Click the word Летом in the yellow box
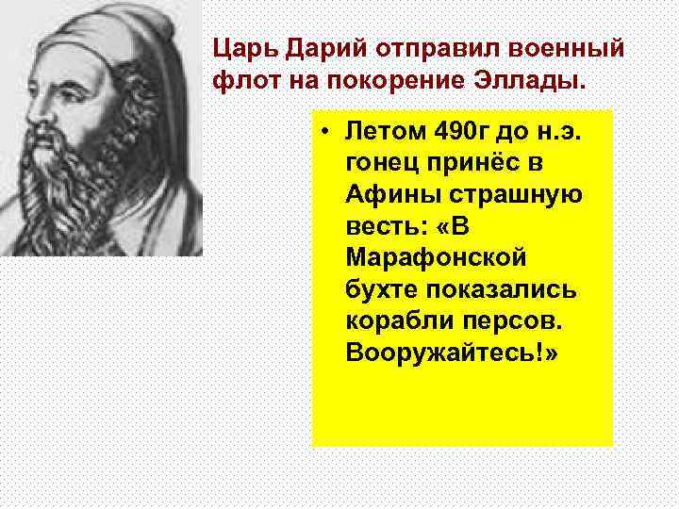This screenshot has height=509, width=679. (382, 131)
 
